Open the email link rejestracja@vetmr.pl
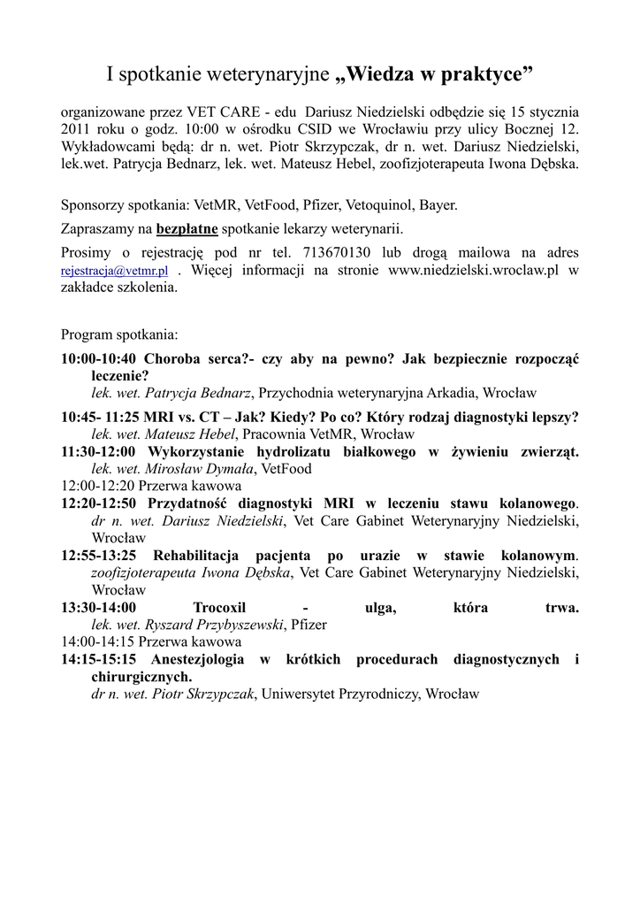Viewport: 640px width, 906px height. pos(114,272)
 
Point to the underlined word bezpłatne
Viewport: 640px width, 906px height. pos(187,228)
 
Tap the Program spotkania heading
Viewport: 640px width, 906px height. pos(118,335)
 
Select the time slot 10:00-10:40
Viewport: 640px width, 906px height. pos(99,359)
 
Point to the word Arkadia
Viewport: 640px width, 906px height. pos(456,392)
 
